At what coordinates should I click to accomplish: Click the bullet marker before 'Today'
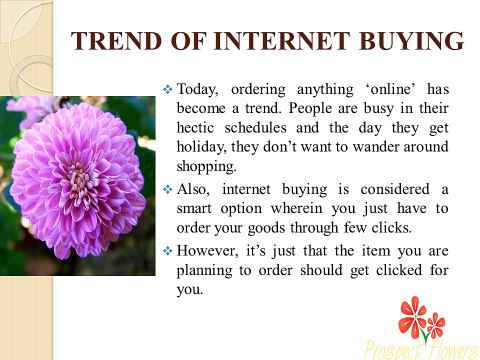(167, 90)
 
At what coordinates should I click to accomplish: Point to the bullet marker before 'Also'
(167, 189)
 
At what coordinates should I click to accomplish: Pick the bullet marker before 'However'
(167, 250)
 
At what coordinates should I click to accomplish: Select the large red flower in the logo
(412, 318)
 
